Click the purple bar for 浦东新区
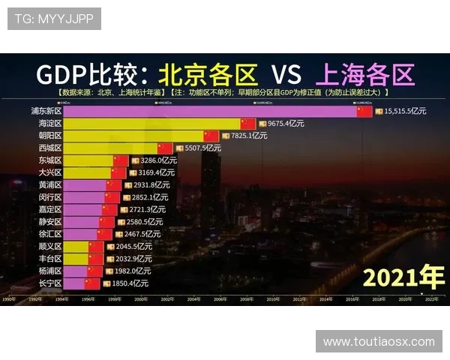click(210, 111)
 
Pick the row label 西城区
click(50, 148)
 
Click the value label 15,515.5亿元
click(405, 111)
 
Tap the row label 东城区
click(50, 160)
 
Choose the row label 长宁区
click(50, 283)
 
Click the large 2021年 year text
click(403, 277)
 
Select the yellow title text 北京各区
click(208, 74)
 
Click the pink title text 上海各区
click(365, 74)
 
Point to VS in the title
click(286, 74)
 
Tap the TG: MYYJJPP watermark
click(55, 19)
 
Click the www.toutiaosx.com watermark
click(379, 341)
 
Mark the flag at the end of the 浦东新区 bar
click(364, 111)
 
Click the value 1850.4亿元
click(130, 283)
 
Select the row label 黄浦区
click(50, 184)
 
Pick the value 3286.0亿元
click(158, 160)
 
